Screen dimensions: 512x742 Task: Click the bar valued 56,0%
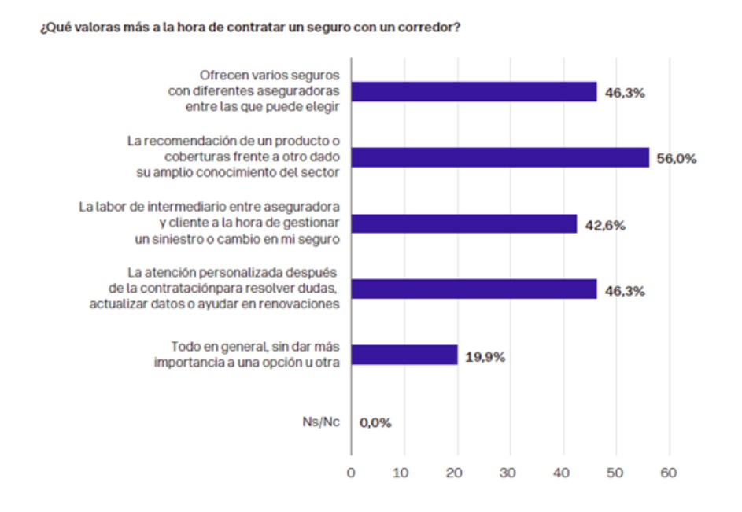(x=500, y=158)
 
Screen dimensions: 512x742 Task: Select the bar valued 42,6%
(x=463, y=224)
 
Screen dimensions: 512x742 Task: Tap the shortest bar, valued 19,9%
(x=404, y=355)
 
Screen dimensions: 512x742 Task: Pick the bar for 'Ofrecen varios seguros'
(x=474, y=92)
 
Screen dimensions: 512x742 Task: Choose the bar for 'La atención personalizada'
(x=474, y=290)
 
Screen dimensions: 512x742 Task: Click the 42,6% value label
(x=604, y=225)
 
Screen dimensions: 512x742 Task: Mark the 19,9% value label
(x=485, y=356)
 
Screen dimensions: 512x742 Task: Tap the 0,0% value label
(x=375, y=422)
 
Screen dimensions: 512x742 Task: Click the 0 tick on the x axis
(x=351, y=473)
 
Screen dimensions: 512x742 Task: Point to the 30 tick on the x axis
(x=511, y=473)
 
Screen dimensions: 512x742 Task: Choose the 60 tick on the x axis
(x=670, y=473)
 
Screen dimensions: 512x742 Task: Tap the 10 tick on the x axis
(x=404, y=473)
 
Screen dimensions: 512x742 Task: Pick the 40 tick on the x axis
(x=563, y=473)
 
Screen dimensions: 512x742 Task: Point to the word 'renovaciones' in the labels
(x=302, y=305)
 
